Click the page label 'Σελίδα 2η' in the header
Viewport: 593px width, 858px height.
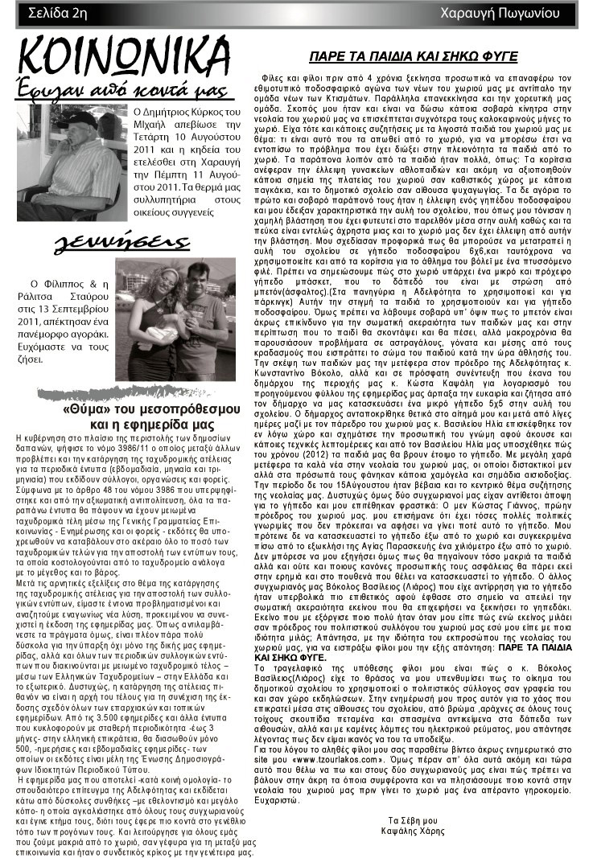[57, 12]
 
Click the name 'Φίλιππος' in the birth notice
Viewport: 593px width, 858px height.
[61, 284]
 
